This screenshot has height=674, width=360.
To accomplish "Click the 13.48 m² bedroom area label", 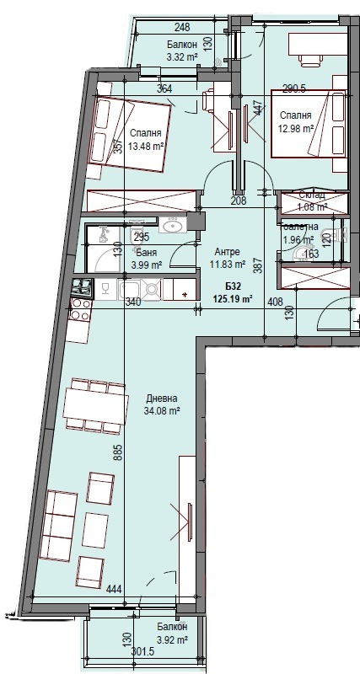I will (146, 145).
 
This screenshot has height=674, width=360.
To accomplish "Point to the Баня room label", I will (145, 252).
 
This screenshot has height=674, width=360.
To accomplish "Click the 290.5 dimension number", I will (293, 88).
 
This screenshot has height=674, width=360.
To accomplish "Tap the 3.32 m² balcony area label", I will (181, 57).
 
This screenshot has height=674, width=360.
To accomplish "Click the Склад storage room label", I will (311, 195).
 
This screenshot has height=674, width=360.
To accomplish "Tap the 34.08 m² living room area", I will (163, 412).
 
